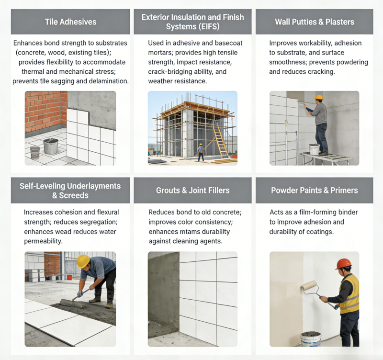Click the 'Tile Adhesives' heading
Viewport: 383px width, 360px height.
click(70, 22)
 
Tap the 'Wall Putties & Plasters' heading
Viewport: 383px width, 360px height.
click(315, 22)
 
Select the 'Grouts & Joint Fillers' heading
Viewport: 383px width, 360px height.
click(193, 190)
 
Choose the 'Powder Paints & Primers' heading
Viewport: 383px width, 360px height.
click(315, 190)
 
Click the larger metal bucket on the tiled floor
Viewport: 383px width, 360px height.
click(51, 146)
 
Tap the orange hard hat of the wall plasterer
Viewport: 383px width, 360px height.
click(318, 97)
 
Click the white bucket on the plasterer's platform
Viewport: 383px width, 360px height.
click(315, 149)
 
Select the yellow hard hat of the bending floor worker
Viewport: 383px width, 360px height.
click(83, 261)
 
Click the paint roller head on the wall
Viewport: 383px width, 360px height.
click(309, 285)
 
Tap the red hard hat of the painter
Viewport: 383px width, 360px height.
click(344, 264)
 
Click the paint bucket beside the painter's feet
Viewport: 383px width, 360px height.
click(311, 339)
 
